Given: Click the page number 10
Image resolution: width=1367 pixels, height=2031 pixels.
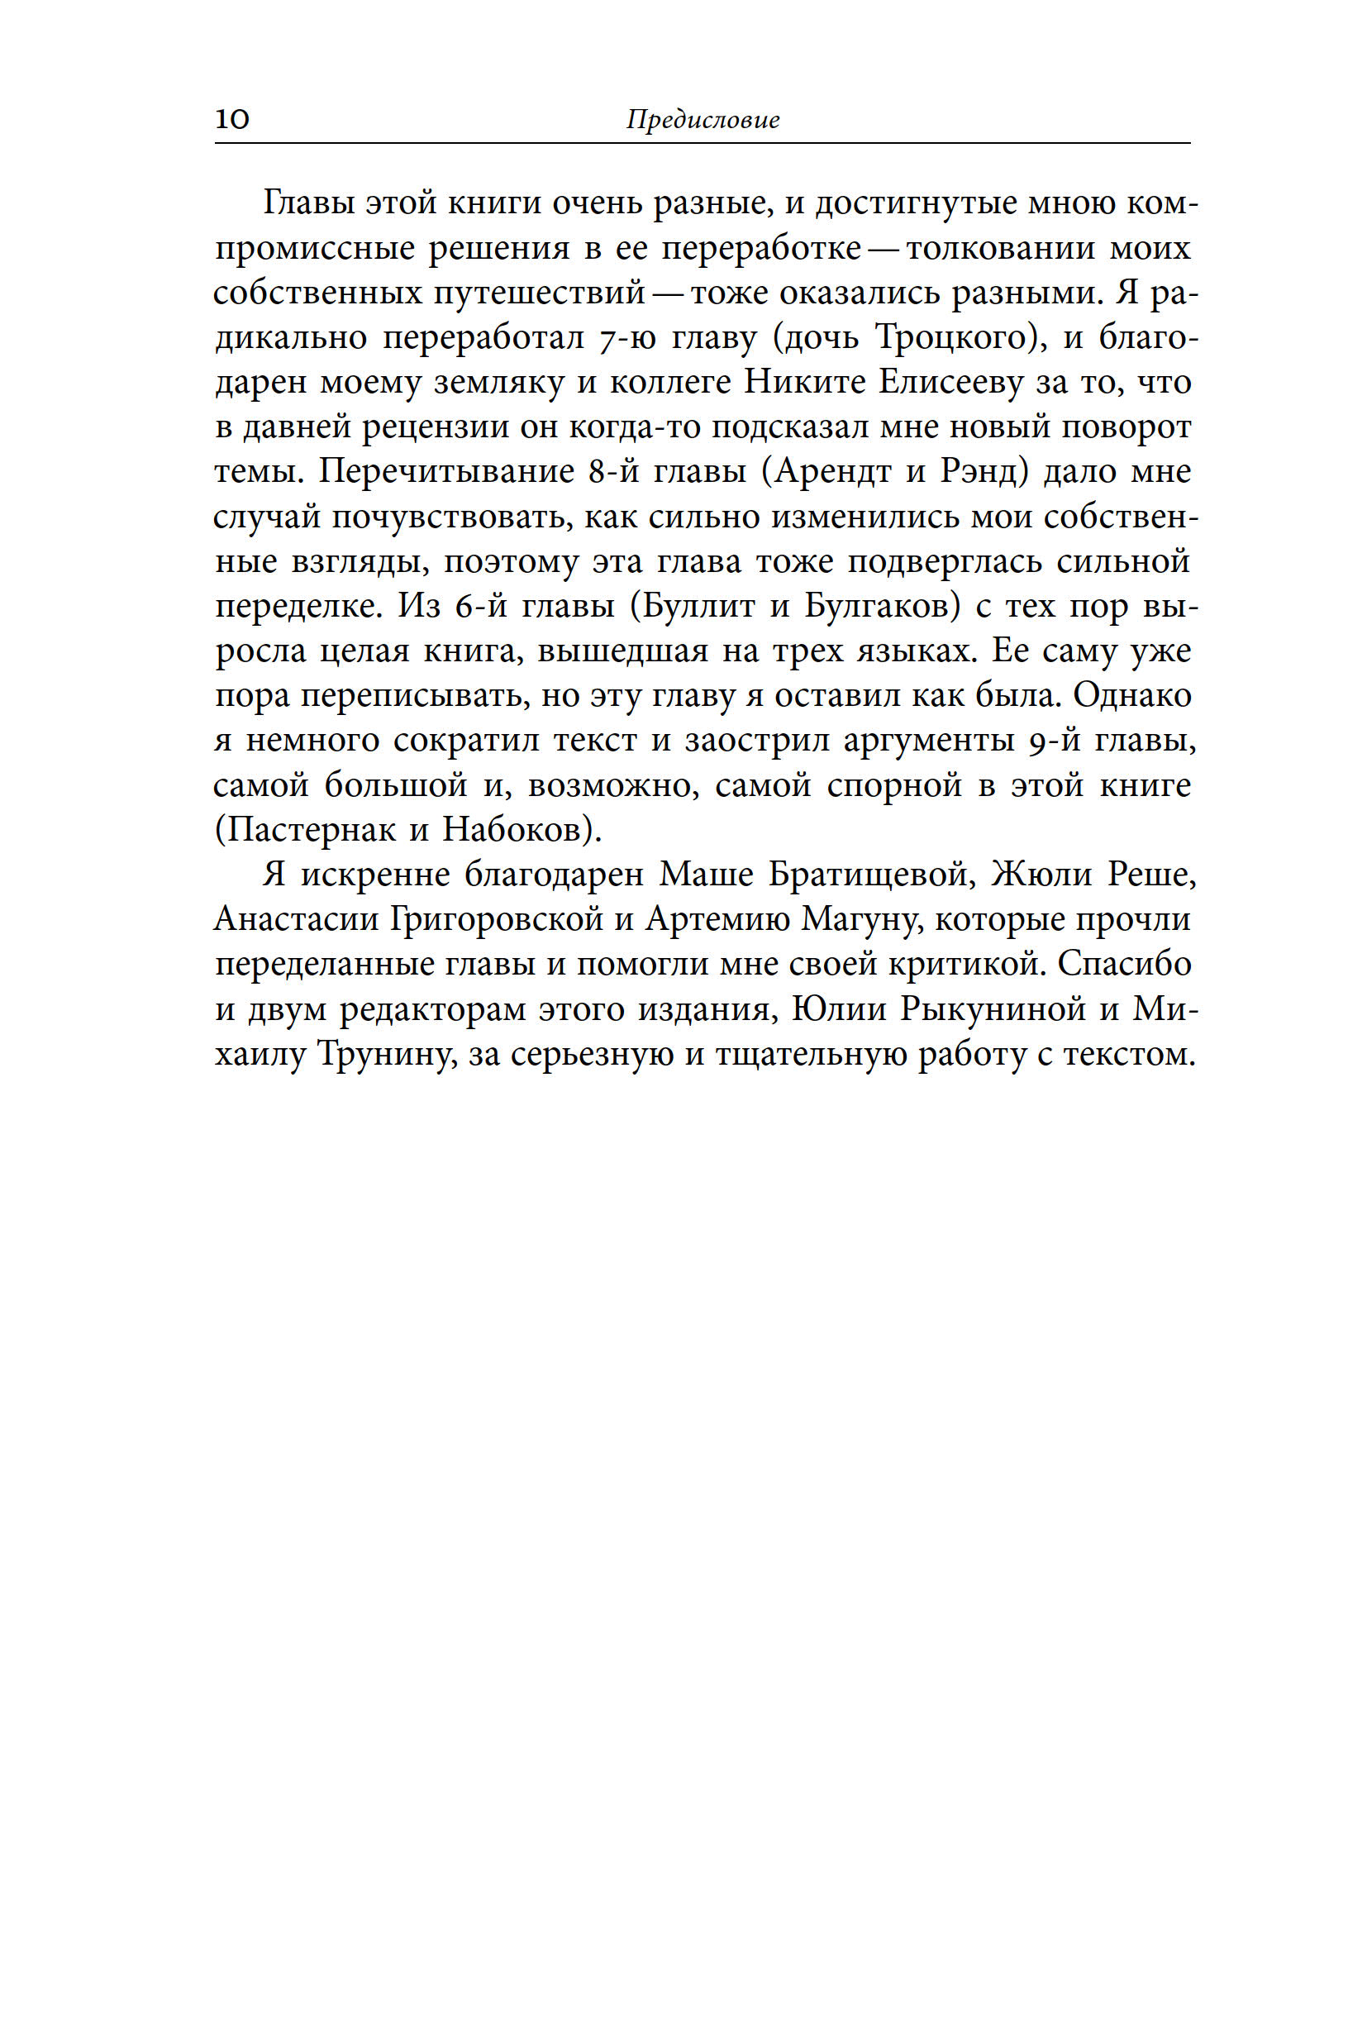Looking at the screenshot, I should click(x=232, y=118).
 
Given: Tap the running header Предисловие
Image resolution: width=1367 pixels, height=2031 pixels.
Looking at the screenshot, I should click(x=703, y=120).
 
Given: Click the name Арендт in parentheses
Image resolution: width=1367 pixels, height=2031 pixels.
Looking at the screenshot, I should click(x=832, y=472).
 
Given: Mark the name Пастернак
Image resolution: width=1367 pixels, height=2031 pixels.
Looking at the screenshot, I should click(x=309, y=829).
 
